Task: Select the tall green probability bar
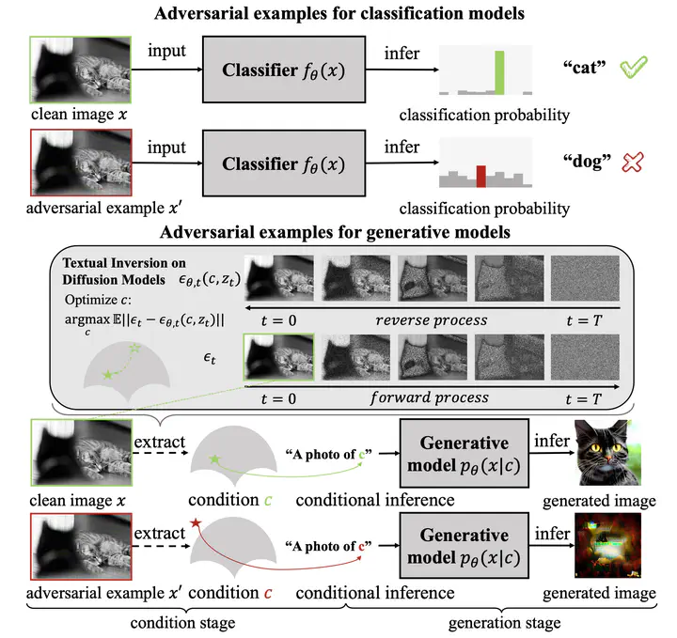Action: coord(501,71)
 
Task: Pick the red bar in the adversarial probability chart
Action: coord(481,176)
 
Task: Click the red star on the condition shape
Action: coord(196,522)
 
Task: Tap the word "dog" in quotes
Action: coord(580,163)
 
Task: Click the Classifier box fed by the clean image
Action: coord(283,70)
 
